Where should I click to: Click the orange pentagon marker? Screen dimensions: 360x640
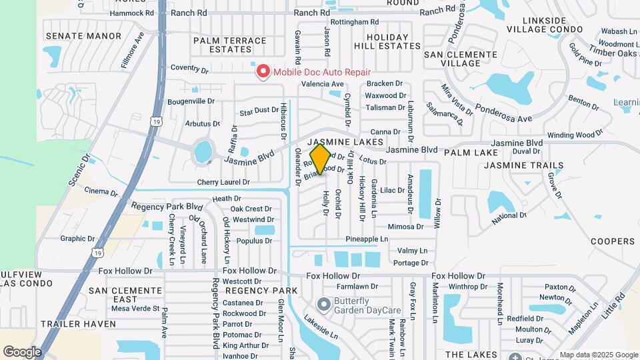tap(321, 159)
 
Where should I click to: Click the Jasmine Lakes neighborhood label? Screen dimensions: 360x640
tap(345, 143)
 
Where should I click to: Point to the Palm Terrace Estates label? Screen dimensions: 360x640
tap(230, 45)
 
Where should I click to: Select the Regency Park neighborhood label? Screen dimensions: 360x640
tap(261, 291)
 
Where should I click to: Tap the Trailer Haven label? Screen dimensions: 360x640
tap(78, 324)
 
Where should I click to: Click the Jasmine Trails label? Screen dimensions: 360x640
tap(524, 165)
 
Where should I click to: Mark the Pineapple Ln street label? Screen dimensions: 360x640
tap(366, 239)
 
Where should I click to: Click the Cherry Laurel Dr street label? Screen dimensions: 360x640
tap(223, 182)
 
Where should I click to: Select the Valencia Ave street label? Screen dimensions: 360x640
tap(322, 84)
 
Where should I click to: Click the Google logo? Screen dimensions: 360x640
tap(22, 351)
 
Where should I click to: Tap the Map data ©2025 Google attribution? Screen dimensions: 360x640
tap(598, 355)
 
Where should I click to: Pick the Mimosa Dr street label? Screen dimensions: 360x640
tap(405, 227)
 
